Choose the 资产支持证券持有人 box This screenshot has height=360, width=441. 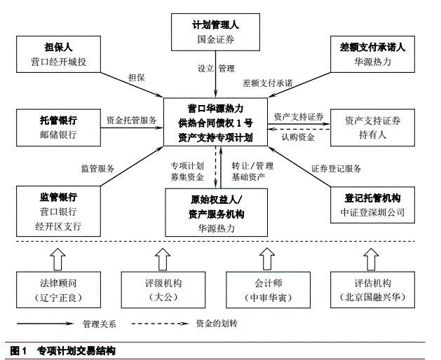click(x=372, y=127)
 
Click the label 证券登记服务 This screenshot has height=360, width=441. click(x=336, y=168)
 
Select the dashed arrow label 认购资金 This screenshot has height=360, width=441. click(x=298, y=137)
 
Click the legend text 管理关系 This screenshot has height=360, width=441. click(x=99, y=324)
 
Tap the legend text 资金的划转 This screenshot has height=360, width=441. click(x=225, y=324)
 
